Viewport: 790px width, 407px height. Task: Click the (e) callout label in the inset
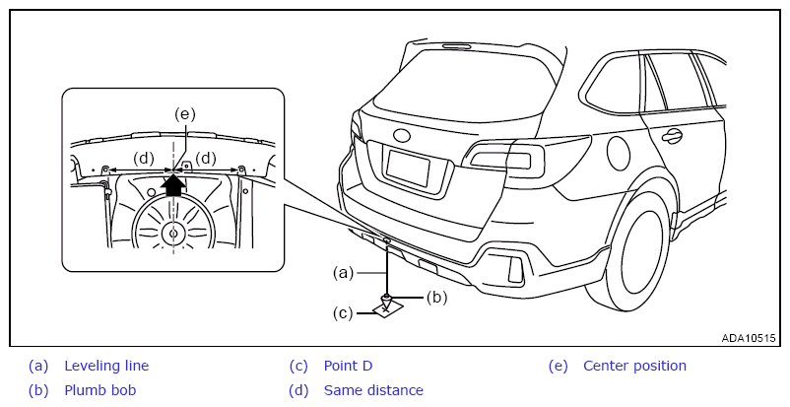click(x=184, y=114)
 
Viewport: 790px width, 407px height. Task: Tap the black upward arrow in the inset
click(x=172, y=184)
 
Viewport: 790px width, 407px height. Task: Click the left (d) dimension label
click(x=144, y=159)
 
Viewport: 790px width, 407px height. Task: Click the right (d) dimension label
click(x=206, y=159)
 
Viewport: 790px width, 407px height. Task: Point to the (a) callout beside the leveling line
click(x=343, y=273)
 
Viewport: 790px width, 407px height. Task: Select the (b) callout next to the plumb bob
click(x=436, y=298)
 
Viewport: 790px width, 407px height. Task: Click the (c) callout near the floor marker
click(x=343, y=313)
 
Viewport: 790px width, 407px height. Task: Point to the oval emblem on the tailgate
click(x=402, y=135)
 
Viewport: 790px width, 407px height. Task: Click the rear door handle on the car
click(x=672, y=135)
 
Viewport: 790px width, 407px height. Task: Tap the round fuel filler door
click(x=619, y=153)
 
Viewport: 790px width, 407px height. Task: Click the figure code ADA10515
click(x=749, y=338)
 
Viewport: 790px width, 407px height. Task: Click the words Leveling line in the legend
click(x=106, y=366)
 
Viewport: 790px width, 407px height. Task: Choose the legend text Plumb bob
click(x=100, y=390)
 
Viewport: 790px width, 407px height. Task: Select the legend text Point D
click(x=348, y=366)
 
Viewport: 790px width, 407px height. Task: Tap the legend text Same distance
click(x=373, y=390)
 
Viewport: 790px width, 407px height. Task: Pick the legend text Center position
click(x=634, y=366)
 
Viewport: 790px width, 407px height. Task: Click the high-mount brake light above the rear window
click(x=457, y=47)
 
